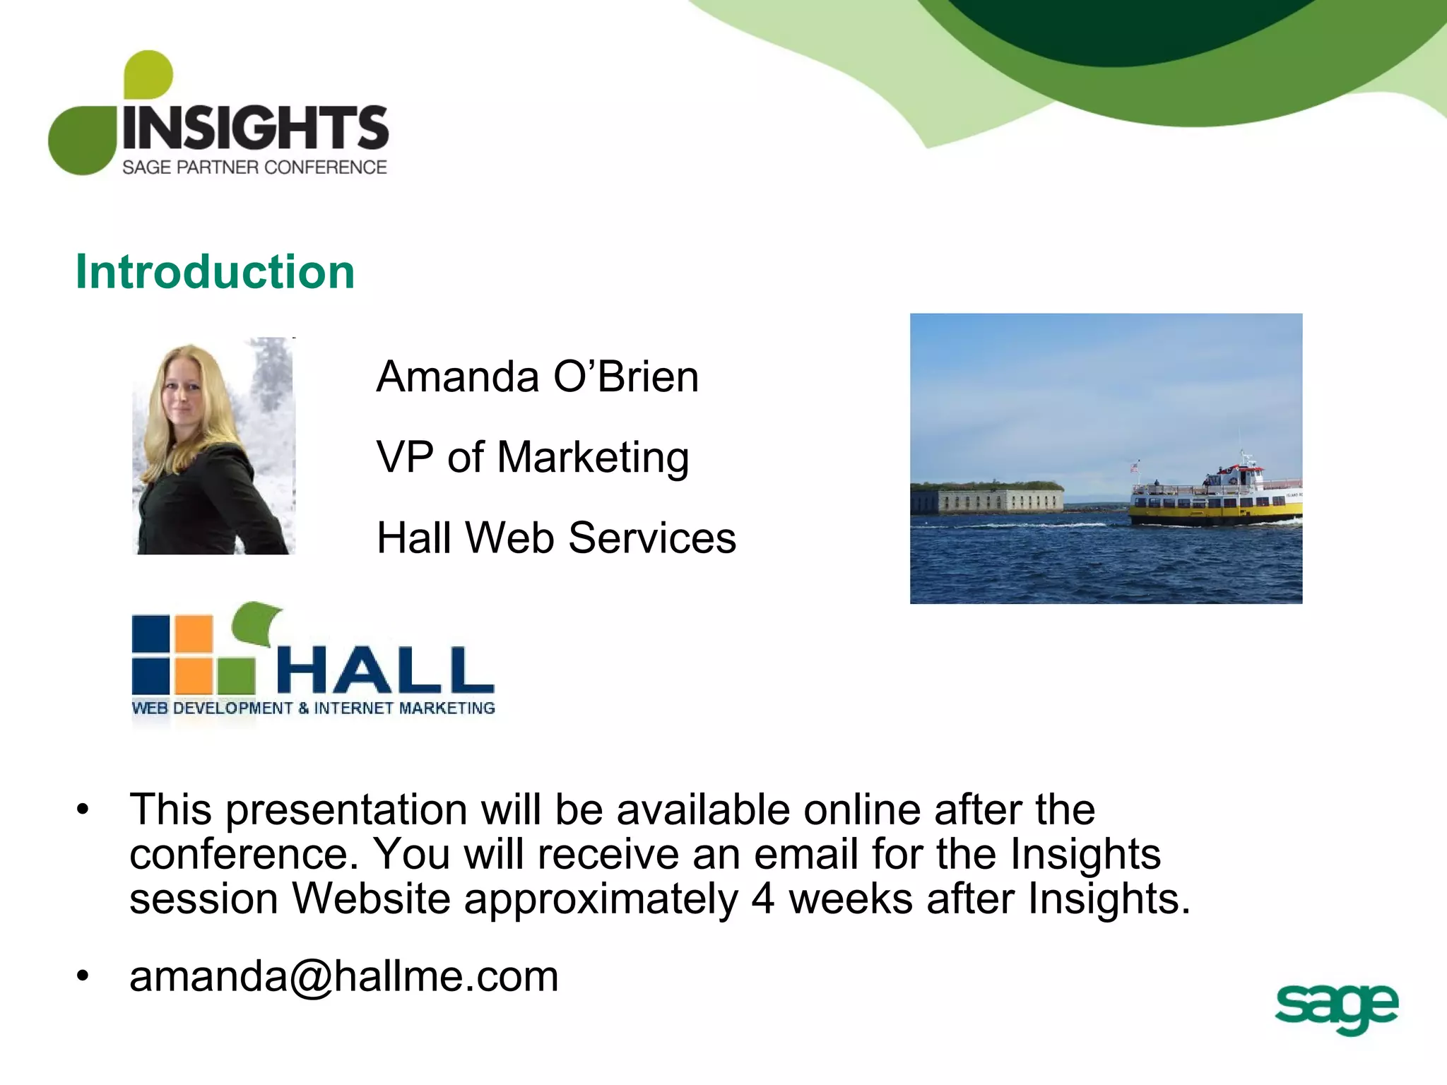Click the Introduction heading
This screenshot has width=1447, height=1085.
215,272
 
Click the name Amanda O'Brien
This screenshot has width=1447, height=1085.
537,377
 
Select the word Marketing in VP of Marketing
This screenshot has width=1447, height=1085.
593,457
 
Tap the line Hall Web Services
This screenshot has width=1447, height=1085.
556,538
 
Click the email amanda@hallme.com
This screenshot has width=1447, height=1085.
344,976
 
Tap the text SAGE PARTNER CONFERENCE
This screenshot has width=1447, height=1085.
254,167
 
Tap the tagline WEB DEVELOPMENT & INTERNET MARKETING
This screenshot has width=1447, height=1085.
313,708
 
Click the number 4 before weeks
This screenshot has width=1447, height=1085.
762,899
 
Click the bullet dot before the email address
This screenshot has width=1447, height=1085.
83,977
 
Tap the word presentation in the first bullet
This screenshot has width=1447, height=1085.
346,810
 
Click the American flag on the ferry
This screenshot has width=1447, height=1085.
1135,467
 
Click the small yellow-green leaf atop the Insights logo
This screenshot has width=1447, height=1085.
148,74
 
